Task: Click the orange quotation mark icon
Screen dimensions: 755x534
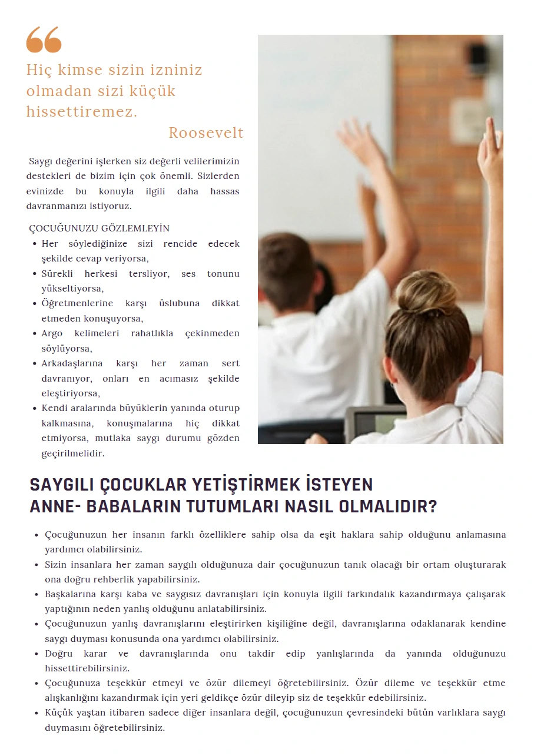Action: coord(44,40)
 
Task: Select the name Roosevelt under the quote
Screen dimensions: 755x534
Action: coord(206,133)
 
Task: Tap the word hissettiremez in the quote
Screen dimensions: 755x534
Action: coord(81,112)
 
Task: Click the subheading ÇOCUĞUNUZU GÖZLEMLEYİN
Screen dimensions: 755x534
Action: coord(99,229)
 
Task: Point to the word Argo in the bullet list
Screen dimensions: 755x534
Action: coord(52,333)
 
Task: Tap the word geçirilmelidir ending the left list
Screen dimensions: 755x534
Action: coord(72,453)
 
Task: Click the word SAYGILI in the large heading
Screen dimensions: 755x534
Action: coord(62,485)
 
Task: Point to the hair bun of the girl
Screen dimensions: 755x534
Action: coord(427,293)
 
